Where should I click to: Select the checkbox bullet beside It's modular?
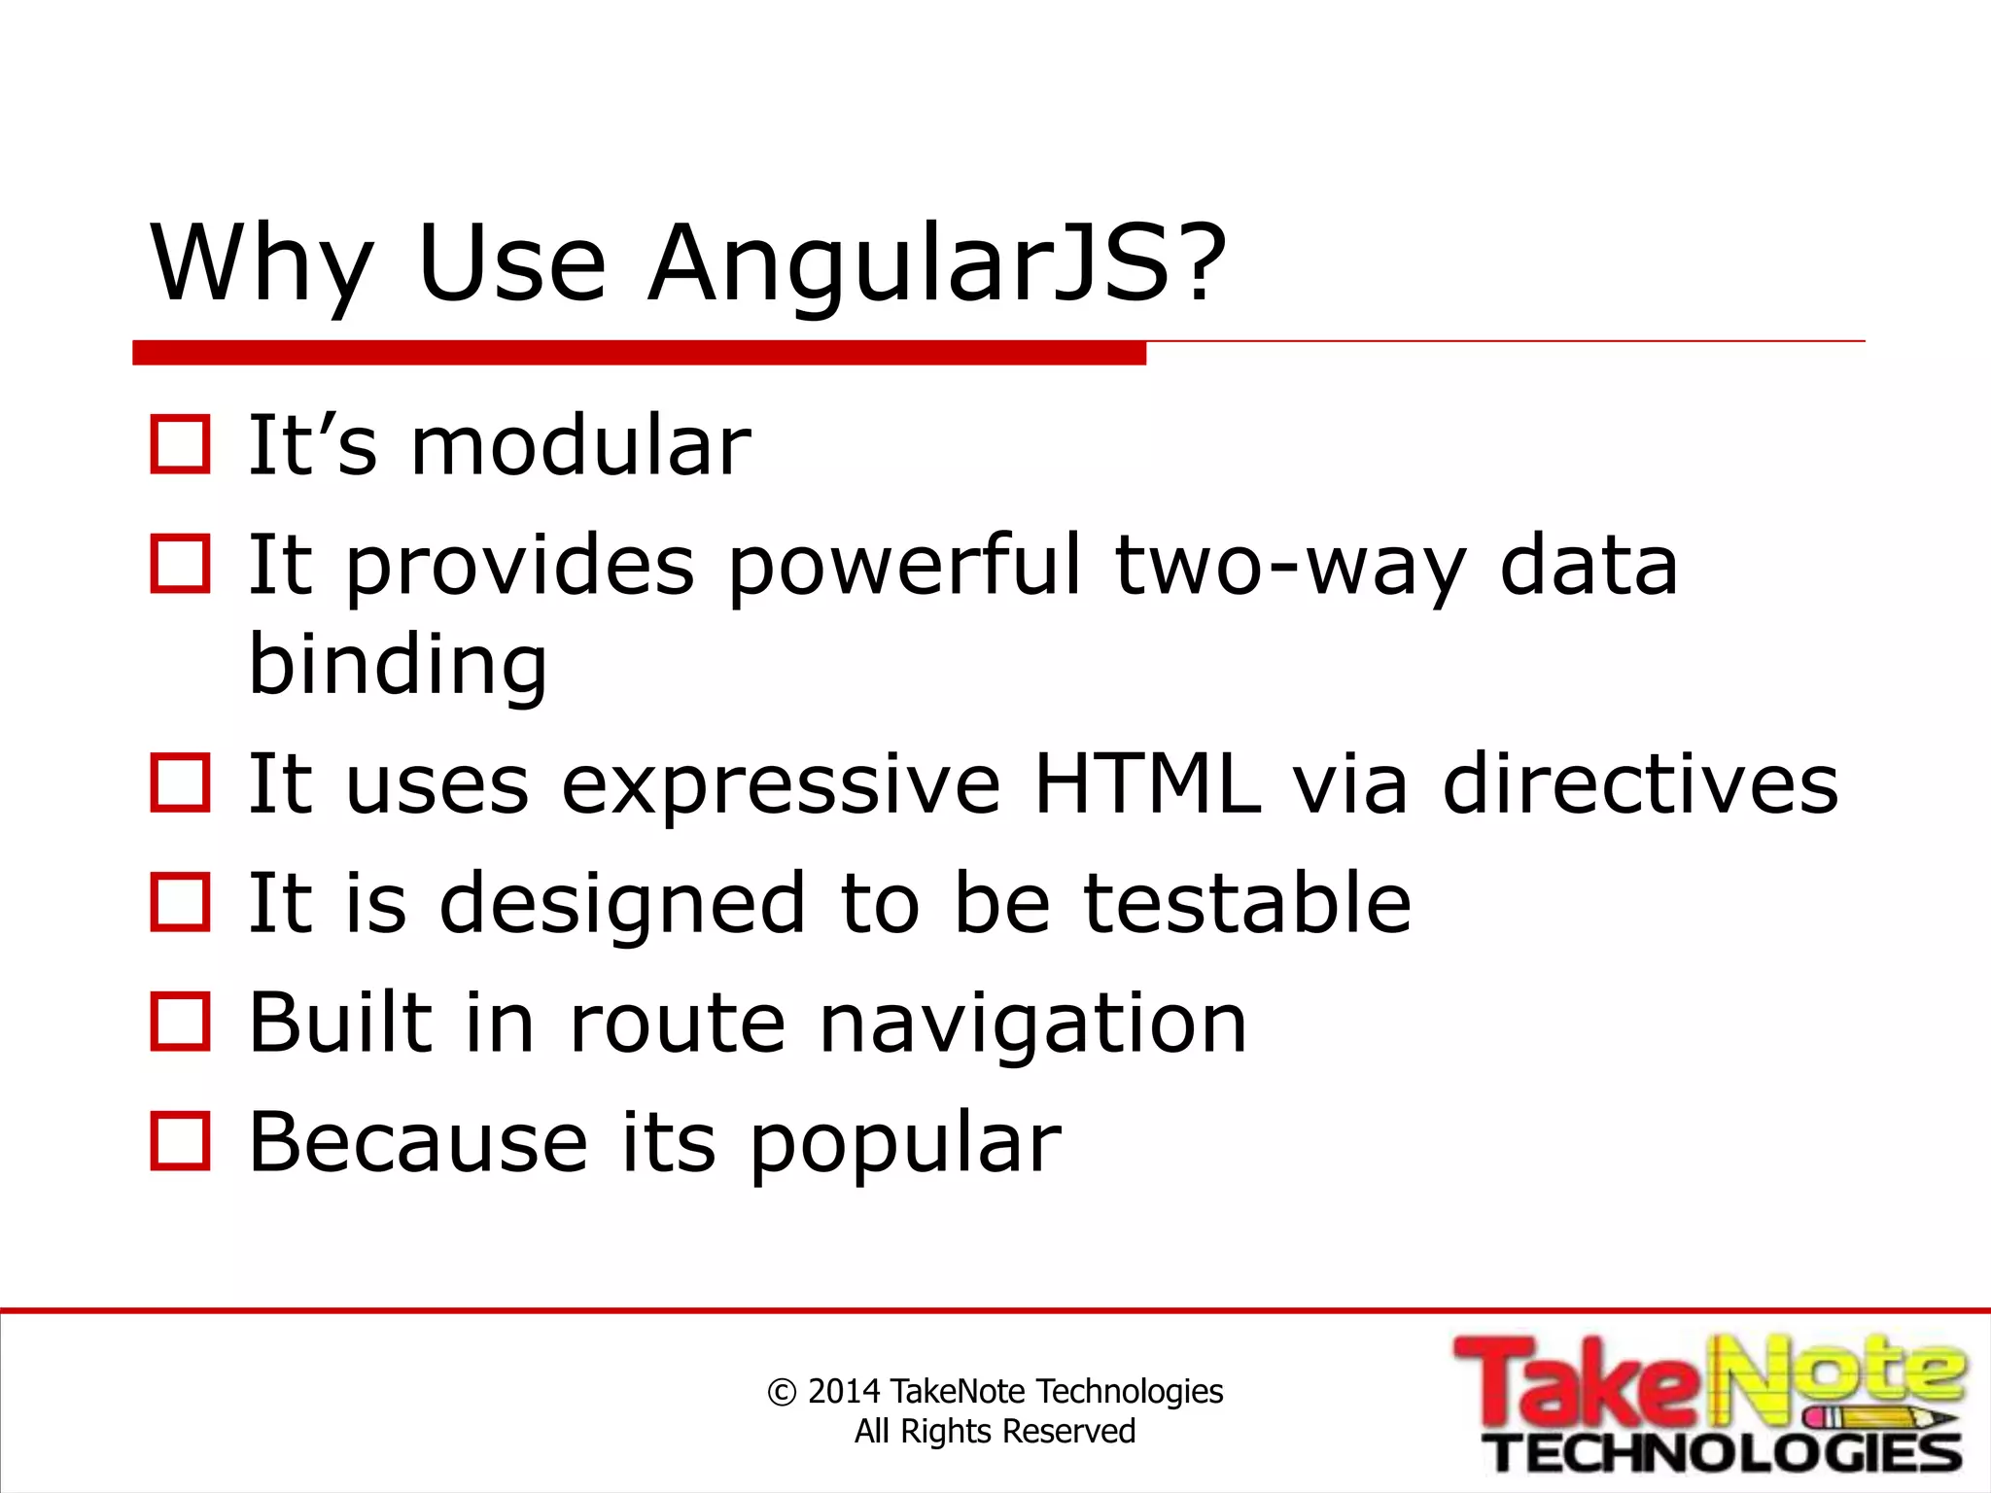coord(181,445)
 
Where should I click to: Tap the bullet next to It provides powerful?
coord(181,565)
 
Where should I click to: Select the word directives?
coord(1640,783)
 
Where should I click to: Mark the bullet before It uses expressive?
coord(181,783)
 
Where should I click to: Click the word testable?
coord(1247,903)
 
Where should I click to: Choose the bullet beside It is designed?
coord(181,903)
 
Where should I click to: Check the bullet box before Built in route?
coord(181,1023)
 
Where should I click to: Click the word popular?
coord(905,1143)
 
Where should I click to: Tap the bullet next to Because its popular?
coord(181,1142)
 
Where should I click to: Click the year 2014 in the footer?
coord(844,1392)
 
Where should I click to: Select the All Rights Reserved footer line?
coord(995,1432)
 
